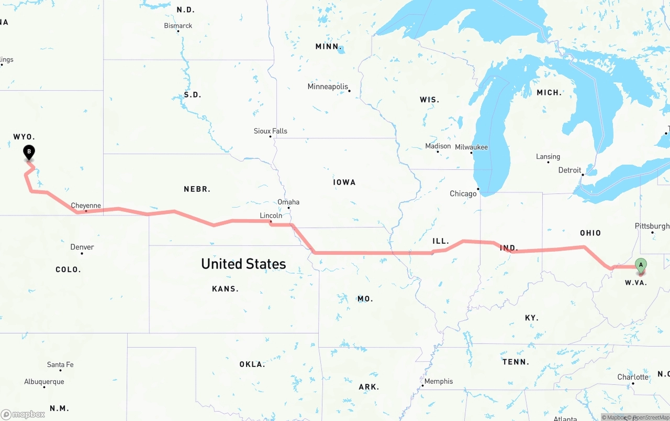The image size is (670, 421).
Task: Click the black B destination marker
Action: (x=29, y=153)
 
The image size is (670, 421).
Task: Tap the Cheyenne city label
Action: (x=86, y=206)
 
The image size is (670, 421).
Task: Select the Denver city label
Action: (x=82, y=247)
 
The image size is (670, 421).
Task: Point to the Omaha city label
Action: (x=288, y=202)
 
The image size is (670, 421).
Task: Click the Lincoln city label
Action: (x=271, y=215)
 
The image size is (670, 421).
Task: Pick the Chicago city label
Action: (x=463, y=193)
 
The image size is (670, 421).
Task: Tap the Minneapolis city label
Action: (x=328, y=87)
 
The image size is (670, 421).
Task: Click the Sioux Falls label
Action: (x=271, y=131)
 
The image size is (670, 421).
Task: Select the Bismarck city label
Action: (x=178, y=26)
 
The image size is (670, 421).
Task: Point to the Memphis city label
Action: (x=439, y=381)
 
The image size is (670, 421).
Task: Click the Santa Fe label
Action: (x=60, y=364)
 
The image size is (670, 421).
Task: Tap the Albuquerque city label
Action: (x=44, y=382)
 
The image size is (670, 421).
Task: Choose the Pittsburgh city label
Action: (x=652, y=226)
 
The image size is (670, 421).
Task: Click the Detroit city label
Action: (x=570, y=170)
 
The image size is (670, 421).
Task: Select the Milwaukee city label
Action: (x=471, y=147)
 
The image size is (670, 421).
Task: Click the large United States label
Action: (x=243, y=264)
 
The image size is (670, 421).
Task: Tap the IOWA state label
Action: (x=344, y=182)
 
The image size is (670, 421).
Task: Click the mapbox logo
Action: (x=23, y=414)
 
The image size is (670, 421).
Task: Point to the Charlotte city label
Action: (x=633, y=377)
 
